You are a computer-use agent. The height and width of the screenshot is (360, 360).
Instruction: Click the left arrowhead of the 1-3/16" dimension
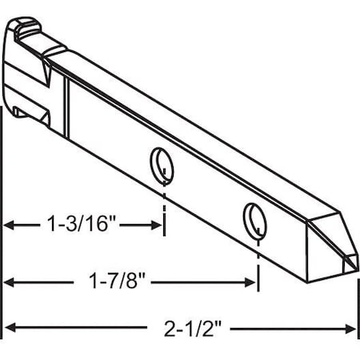pos(10,226)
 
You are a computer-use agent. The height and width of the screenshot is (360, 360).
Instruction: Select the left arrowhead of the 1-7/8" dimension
pos(10,282)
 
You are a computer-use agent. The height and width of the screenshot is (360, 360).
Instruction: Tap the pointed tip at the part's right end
pos(352,269)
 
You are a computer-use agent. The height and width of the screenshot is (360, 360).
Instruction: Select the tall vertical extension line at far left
pos(3,240)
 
